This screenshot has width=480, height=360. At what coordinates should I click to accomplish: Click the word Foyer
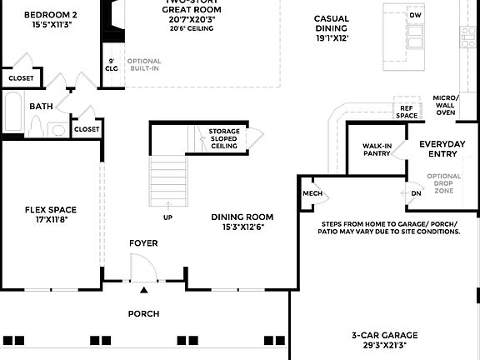point(143,243)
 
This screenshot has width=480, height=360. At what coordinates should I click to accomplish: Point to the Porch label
point(143,314)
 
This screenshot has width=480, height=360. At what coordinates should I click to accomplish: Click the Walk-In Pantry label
point(377,149)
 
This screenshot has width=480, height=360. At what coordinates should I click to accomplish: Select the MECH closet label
point(312,193)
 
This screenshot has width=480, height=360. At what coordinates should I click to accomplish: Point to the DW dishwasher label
point(416,15)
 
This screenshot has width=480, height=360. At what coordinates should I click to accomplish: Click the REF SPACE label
point(407,112)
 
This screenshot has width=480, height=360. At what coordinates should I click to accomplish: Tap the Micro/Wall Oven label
point(445,105)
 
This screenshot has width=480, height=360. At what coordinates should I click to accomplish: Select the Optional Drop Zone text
point(443,183)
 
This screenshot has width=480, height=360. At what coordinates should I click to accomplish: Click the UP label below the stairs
point(167,217)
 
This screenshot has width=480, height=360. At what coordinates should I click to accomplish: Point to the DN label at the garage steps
point(417,193)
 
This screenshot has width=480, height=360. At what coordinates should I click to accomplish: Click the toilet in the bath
point(35,126)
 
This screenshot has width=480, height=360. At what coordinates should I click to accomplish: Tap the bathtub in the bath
point(12,115)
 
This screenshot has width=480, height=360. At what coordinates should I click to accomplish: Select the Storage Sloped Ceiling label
point(224,138)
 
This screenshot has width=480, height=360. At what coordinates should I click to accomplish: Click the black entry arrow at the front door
point(144,290)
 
